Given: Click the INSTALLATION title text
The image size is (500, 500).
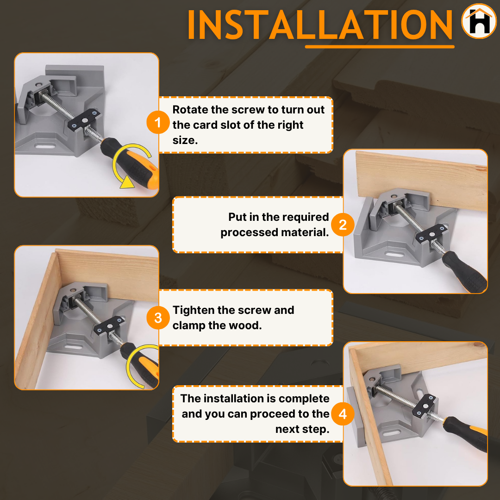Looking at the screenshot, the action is pos(320,25).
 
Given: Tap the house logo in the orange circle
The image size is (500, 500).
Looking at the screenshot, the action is pos(479,21).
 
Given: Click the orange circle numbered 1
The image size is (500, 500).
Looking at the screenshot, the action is pos(158,122).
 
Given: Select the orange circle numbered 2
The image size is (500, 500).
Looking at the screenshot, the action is pos(343,225).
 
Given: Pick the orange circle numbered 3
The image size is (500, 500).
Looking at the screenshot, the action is pos(158,318).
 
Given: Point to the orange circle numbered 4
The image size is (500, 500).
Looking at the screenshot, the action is pos(343,414).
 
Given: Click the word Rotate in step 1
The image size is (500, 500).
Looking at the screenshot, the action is pos(190,109).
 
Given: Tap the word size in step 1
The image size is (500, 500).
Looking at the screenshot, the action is pos(183,140).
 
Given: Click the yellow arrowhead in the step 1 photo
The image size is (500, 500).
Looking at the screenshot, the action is pos(128,182).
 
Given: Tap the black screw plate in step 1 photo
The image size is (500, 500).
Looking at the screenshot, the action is pos(84,119).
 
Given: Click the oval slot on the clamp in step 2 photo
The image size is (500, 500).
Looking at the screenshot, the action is pos(394,255).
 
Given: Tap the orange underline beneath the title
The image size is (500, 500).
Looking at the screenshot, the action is pos(380,47).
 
